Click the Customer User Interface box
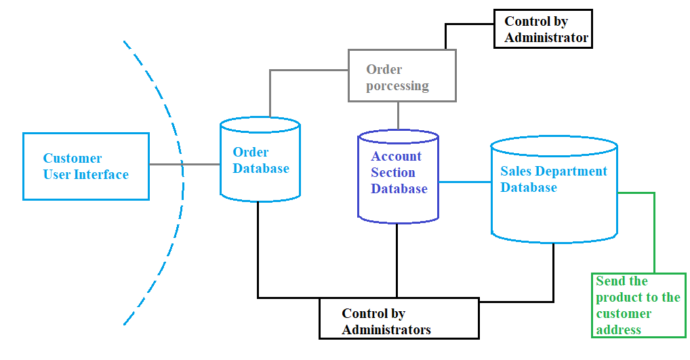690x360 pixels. point(85,166)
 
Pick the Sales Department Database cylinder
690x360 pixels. point(554,190)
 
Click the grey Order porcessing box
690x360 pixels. point(402,75)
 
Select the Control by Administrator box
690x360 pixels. point(543,29)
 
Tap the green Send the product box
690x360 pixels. point(638,305)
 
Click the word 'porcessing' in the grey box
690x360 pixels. point(397,86)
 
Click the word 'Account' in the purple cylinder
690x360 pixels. point(396,157)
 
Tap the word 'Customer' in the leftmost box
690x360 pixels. point(73,159)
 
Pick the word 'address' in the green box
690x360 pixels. point(618,330)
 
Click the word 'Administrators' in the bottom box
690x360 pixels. point(386,330)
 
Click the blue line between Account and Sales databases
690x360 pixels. point(465,182)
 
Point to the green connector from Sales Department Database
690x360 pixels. point(654,231)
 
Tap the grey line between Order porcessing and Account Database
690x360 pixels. point(398,115)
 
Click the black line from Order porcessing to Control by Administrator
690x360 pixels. point(445,34)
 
